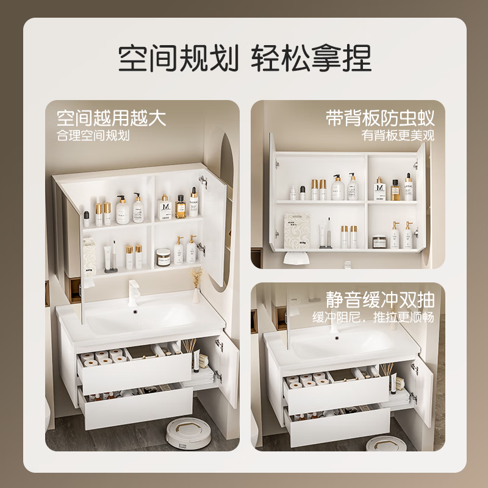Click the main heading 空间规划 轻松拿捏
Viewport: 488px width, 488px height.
pyautogui.click(x=244, y=59)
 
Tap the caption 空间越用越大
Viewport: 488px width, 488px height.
pyautogui.click(x=111, y=117)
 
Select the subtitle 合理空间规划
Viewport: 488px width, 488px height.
pyautogui.click(x=93, y=135)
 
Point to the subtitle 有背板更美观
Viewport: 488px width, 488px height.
pyautogui.click(x=397, y=135)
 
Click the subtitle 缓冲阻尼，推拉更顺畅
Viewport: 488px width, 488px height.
pyautogui.click(x=373, y=318)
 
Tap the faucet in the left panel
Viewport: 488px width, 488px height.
pyautogui.click(x=133, y=290)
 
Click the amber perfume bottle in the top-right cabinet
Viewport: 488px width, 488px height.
pyautogui.click(x=395, y=190)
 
